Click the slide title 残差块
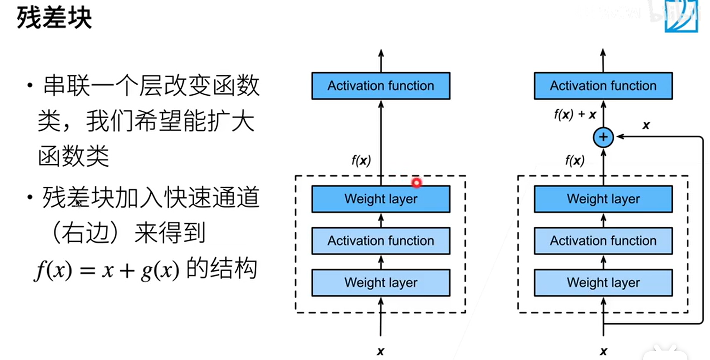pyautogui.click(x=54, y=18)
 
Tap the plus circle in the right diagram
pyautogui.click(x=603, y=137)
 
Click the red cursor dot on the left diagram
pyautogui.click(x=416, y=183)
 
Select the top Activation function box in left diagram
pyautogui.click(x=380, y=86)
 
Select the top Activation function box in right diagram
pyautogui.click(x=603, y=86)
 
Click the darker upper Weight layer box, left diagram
pyautogui.click(x=380, y=199)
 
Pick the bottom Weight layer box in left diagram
pyautogui.click(x=380, y=283)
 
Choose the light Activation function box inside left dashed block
pyautogui.click(x=380, y=241)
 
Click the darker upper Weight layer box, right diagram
pyautogui.click(x=603, y=199)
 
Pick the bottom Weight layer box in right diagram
pyautogui.click(x=603, y=283)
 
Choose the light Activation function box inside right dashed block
pyautogui.click(x=603, y=241)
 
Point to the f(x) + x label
pyautogui.click(x=575, y=114)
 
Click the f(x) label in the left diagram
pyautogui.click(x=361, y=160)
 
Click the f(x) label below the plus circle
pyautogui.click(x=575, y=160)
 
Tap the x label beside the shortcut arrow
pyautogui.click(x=646, y=125)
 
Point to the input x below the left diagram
pyautogui.click(x=380, y=351)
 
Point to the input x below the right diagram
pyautogui.click(x=603, y=351)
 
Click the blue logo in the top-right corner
pyautogui.click(x=681, y=17)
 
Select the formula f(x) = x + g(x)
pyautogui.click(x=107, y=270)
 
